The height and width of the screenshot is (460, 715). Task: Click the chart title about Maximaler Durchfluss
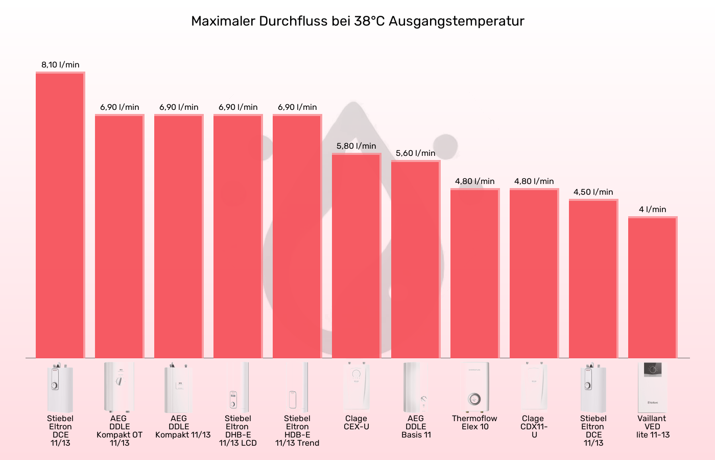pos(357,21)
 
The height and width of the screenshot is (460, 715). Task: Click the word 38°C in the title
pos(369,21)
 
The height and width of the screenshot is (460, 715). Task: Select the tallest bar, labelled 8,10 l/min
pos(60,215)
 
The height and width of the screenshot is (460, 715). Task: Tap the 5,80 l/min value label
pos(356,146)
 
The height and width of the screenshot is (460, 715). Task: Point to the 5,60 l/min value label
pos(415,153)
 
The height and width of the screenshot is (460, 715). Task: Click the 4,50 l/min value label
pos(593,192)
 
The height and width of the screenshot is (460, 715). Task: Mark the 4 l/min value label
pos(652,210)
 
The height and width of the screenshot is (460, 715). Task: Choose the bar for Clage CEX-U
pos(356,256)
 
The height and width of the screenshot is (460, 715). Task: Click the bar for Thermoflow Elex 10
pos(474,273)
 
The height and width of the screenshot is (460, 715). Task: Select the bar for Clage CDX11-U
pos(534,273)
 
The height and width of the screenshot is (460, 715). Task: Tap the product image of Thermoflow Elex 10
pos(474,387)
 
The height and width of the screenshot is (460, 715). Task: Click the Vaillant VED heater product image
pos(652,387)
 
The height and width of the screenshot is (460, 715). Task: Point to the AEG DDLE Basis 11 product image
pos(415,387)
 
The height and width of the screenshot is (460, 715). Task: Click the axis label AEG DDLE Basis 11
pos(416,427)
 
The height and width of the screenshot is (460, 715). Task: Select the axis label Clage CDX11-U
pos(534,427)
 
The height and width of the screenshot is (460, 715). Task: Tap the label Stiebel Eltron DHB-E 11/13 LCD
pos(237,431)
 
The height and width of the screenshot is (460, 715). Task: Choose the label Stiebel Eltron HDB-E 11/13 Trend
pos(297,431)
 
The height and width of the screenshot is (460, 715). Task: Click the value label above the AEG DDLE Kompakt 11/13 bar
pos(178,107)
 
